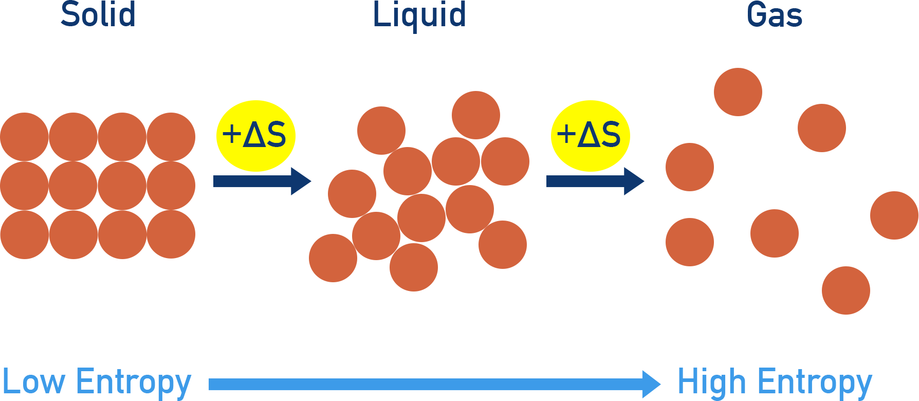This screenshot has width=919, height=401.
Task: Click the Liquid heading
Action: pos(419,15)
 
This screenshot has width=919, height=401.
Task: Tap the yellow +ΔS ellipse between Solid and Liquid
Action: pos(255,136)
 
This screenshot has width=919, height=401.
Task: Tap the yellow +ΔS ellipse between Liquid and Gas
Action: pos(590,136)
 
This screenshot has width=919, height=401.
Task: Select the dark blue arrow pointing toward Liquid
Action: pos(262,181)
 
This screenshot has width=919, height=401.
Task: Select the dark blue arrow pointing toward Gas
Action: pos(595,181)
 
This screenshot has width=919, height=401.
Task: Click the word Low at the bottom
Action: pos(34,382)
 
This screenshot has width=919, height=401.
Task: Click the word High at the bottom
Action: pos(711,382)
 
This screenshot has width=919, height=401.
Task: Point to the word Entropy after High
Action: pos(815,383)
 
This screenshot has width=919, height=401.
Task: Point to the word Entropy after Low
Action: pos(133,383)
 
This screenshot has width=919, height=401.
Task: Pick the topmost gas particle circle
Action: pos(738,92)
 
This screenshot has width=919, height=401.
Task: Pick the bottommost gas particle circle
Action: pos(846,290)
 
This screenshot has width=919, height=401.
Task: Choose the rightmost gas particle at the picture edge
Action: pos(894,215)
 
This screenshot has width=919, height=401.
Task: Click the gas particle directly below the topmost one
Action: pos(774,233)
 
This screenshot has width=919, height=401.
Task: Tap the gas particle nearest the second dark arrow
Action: pos(690,167)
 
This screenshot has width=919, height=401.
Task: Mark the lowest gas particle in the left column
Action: pos(690,242)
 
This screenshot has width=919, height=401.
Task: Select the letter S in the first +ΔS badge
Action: pos(276,135)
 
